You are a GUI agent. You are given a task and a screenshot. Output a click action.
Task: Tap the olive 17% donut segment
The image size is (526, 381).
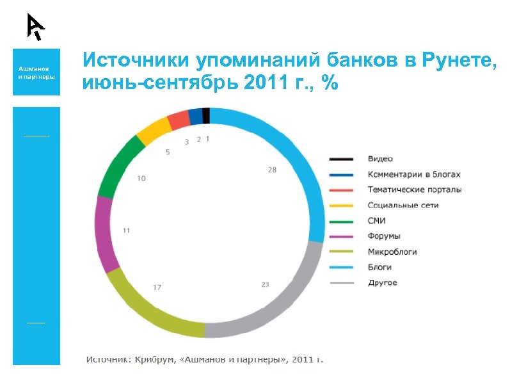click(x=147, y=313)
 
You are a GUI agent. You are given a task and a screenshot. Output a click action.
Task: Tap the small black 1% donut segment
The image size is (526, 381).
click(x=205, y=115)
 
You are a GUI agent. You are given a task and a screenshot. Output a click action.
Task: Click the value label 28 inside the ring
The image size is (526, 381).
click(x=272, y=170)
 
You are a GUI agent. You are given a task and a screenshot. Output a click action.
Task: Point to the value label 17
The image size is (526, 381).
click(x=157, y=288)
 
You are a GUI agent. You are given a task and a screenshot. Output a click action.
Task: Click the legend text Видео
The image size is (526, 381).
click(x=380, y=159)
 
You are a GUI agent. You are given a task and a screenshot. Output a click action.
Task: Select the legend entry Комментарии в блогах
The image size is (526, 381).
click(x=413, y=174)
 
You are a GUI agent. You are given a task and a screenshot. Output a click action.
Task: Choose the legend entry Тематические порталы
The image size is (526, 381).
click(x=415, y=190)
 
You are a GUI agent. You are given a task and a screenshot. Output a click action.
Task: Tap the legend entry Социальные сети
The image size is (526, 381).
click(x=403, y=206)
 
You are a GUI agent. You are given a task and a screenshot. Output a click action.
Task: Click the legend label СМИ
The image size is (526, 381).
click(x=377, y=221)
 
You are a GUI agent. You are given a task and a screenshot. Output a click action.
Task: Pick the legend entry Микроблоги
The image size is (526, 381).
click(x=392, y=252)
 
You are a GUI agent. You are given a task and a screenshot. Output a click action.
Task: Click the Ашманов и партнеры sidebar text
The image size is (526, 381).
click(x=36, y=72)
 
